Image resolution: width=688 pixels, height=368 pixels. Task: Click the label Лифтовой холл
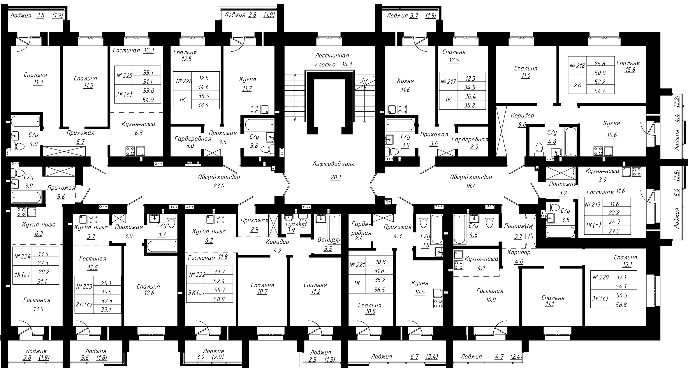coord(333,164)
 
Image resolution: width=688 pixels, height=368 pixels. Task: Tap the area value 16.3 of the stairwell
coord(346,64)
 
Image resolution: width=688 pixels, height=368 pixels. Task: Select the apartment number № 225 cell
coord(124,75)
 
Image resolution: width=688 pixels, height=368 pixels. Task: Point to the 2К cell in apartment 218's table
coord(577,85)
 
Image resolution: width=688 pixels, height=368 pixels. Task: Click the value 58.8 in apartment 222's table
coord(219,299)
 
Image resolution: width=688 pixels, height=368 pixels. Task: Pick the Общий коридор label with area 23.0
coord(219,177)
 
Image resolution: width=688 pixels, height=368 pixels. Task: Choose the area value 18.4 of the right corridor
coord(471,186)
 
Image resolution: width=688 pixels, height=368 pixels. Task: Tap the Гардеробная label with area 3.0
coord(193,139)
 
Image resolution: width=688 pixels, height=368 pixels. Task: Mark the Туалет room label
coord(295,224)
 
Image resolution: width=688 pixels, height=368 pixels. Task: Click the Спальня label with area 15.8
coord(628,63)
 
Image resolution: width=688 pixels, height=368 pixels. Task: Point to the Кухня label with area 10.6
coord(611,123)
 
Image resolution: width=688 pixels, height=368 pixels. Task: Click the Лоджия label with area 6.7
coord(381,356)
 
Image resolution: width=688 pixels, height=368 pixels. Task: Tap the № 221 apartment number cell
coord(357,265)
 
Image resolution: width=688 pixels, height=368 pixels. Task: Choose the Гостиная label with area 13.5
coord(37,300)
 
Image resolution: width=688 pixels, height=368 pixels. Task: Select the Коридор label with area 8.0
coord(522,116)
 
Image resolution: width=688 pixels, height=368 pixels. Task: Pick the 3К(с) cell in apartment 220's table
coord(600,299)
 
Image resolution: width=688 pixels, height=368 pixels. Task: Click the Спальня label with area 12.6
coord(149,287)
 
